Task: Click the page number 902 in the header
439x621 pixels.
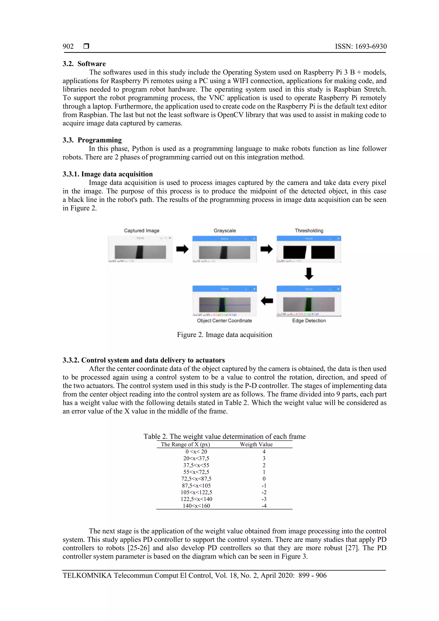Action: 68,47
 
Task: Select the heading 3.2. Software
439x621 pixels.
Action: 84,64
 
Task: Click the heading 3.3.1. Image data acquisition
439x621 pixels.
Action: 108,174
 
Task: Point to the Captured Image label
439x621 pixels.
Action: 142,231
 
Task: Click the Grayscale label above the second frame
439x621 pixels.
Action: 225,231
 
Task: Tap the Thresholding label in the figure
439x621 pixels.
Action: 309,231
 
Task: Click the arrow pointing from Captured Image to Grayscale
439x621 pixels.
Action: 182,249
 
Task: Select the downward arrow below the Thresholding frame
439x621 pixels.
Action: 309,274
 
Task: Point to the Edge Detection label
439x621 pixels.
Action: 309,321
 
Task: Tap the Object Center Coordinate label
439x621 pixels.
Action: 224,321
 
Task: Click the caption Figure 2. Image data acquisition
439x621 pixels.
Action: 224,335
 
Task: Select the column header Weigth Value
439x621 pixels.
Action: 256,444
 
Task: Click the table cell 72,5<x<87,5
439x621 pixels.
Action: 196,479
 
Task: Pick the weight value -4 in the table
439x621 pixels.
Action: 264,506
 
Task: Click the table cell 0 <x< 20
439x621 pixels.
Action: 196,452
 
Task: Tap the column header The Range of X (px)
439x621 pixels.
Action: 185,444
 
